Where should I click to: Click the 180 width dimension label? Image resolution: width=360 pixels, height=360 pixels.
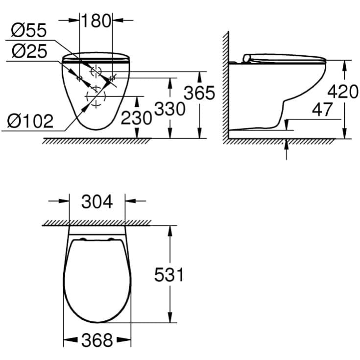click(96, 21)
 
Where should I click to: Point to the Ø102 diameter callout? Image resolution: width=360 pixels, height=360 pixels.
click(31, 121)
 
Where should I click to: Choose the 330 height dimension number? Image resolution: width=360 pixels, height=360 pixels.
click(169, 109)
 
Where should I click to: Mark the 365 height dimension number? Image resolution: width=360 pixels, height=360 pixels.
click(199, 93)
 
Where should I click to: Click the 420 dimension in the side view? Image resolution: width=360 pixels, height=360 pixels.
click(343, 92)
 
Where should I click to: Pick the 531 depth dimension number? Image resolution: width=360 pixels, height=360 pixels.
click(169, 275)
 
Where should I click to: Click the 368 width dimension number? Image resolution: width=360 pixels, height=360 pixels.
click(97, 339)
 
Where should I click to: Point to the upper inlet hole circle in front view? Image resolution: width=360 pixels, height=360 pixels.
click(96, 71)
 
